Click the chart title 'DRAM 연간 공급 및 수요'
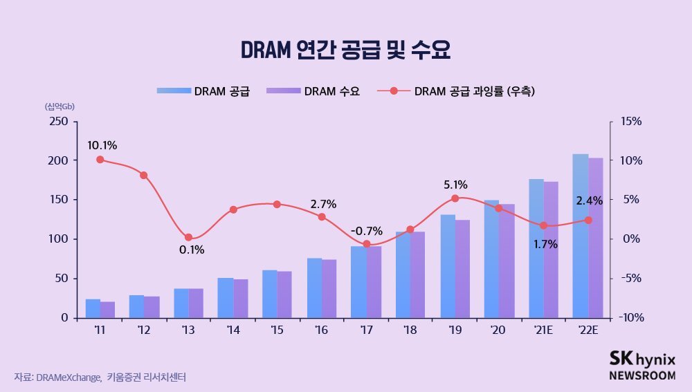pos(345,50)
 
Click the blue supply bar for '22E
pos(581,236)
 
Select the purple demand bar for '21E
pos(551,250)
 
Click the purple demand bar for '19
pos(462,269)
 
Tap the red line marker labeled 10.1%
pos(100,160)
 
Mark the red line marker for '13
pos(188,237)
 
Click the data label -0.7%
pos(366,230)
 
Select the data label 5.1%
pos(455,185)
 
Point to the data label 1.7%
pos(545,243)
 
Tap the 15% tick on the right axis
pos(631,121)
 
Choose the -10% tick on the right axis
pos(630,317)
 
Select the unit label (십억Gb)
pos(60,106)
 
